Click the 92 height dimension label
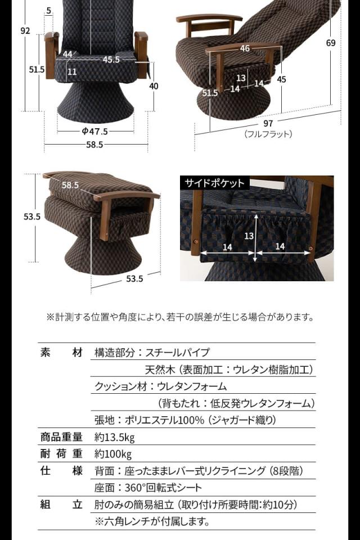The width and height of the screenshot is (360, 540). click(x=25, y=31)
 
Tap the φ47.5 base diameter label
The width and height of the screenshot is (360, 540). click(x=95, y=132)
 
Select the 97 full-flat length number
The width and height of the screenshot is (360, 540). click(x=268, y=123)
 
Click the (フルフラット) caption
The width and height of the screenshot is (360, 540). click(x=268, y=134)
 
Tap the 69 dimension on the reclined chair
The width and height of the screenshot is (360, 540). click(x=331, y=43)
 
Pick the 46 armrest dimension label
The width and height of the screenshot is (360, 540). click(x=245, y=49)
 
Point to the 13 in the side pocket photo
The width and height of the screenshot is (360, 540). click(x=249, y=236)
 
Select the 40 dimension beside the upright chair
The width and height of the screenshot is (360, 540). click(x=154, y=86)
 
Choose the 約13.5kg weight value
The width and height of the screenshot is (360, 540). click(x=115, y=438)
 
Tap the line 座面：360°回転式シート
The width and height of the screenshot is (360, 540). click(x=148, y=488)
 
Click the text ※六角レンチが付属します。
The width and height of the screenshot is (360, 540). click(x=152, y=521)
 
